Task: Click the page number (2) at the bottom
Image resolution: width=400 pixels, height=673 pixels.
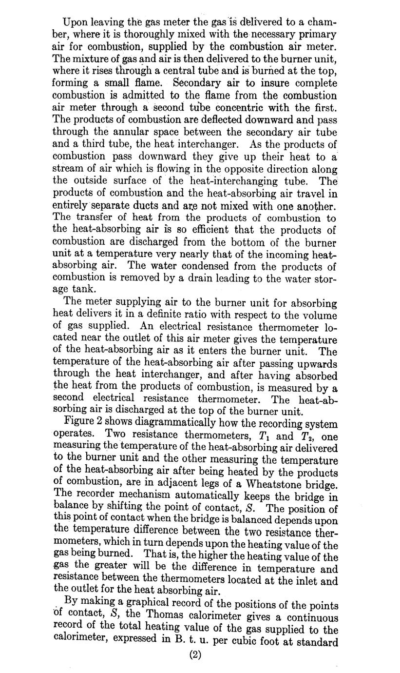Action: (x=195, y=655)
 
